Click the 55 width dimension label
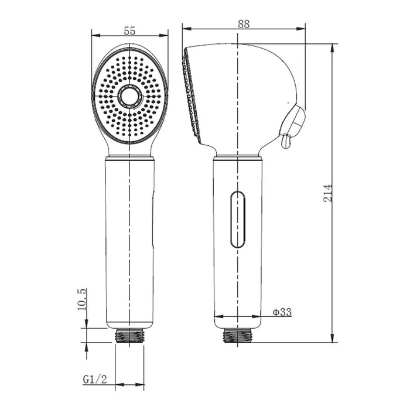click(129, 31)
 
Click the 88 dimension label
click(244, 24)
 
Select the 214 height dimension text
click(327, 193)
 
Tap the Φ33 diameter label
click(282, 312)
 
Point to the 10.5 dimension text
click(82, 299)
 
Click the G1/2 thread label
click(95, 379)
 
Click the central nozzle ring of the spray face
click(129, 96)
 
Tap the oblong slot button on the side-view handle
click(238, 220)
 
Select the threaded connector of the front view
click(129, 336)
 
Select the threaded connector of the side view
click(237, 336)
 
